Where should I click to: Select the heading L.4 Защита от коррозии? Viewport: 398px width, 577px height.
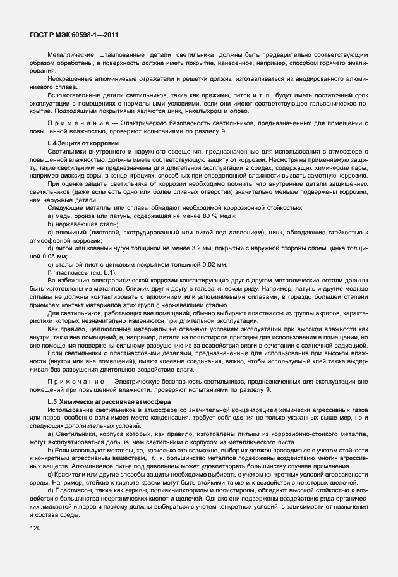(83, 144)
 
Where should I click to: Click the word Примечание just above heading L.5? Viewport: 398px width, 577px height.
(69, 389)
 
